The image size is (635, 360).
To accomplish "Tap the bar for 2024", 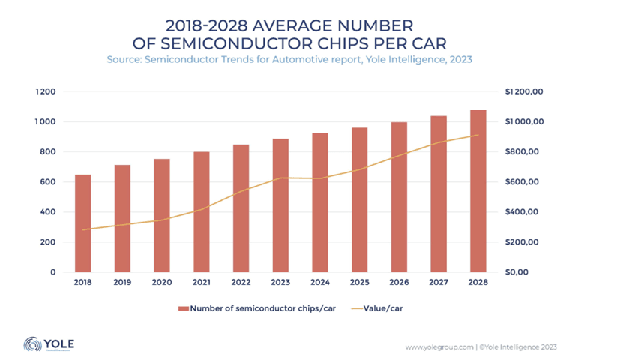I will tap(320, 202).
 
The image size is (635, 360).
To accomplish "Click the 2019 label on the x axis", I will tap(122, 283).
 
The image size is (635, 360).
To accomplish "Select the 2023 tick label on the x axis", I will tap(280, 283).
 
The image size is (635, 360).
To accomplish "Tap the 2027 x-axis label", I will tap(439, 283).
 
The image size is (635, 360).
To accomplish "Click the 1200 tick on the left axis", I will tap(47, 91).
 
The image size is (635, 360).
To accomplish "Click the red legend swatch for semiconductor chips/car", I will tap(182, 308).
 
